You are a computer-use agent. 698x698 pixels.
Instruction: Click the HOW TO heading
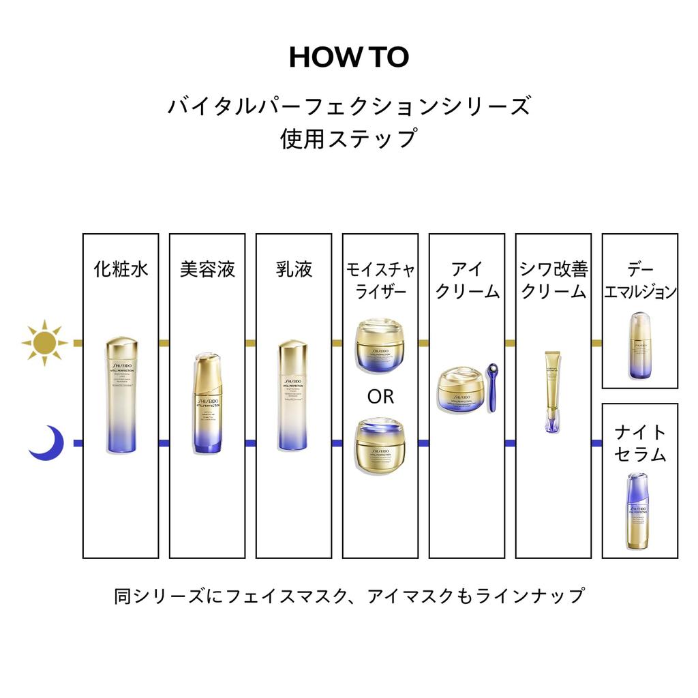point(348,58)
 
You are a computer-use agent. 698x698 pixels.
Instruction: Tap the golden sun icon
point(44,342)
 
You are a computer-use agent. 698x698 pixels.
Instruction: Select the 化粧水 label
point(121,269)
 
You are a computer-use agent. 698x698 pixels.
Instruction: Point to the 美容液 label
point(207,269)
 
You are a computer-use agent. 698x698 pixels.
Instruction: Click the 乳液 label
point(294,269)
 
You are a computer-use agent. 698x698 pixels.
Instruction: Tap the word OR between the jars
point(380,397)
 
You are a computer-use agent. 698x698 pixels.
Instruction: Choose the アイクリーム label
point(467,280)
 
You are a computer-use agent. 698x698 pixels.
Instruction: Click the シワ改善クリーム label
point(553,280)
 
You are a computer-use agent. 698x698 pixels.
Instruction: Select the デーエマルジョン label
point(639,280)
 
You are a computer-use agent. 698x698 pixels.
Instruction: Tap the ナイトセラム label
point(639,443)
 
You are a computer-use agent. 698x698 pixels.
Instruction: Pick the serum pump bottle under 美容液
point(207,404)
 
